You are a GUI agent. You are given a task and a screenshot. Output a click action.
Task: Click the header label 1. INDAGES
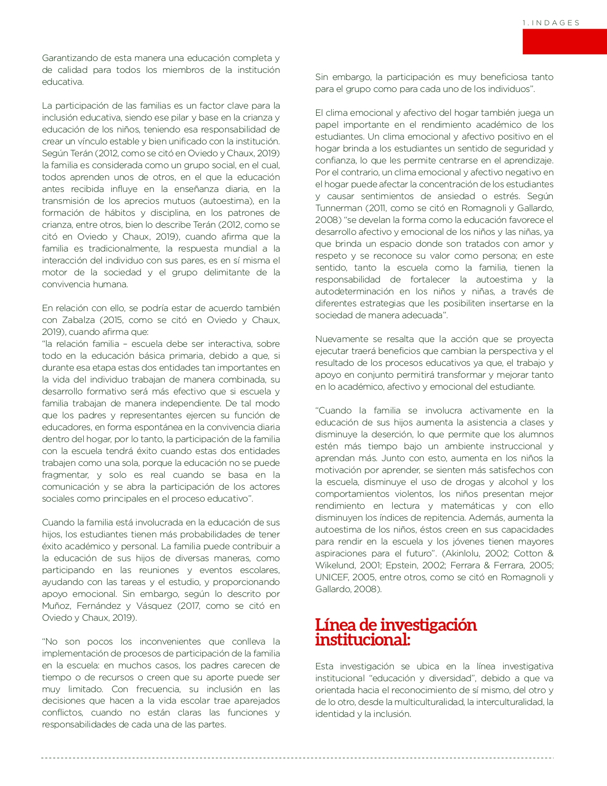(x=551, y=23)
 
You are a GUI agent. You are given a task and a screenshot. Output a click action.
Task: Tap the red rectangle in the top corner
(x=564, y=41)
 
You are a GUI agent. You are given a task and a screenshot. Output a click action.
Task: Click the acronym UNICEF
(x=332, y=577)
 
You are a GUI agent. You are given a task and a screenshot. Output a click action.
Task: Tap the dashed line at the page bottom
(x=298, y=758)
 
